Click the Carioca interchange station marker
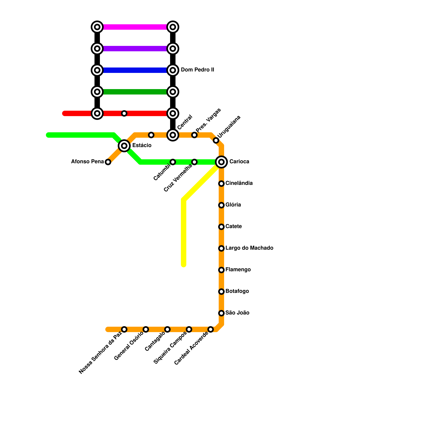[x=221, y=162]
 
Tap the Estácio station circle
[x=124, y=146]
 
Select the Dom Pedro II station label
[x=197, y=70]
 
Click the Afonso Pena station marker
[x=108, y=162]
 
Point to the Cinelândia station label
[x=239, y=183]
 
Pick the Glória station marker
[x=221, y=205]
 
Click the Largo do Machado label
[x=249, y=248]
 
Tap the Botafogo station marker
[x=221, y=292]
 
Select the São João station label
[x=237, y=313]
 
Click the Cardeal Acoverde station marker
[x=211, y=329]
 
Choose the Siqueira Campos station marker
[x=189, y=329]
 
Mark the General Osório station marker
[x=146, y=329]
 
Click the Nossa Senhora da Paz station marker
[x=124, y=329]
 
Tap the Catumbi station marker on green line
[x=173, y=162]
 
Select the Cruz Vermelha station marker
[x=194, y=162]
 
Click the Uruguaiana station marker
[x=216, y=140]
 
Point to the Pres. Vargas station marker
[x=194, y=135]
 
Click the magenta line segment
[x=135, y=27]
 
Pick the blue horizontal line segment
[x=135, y=70]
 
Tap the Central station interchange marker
[x=173, y=135]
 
